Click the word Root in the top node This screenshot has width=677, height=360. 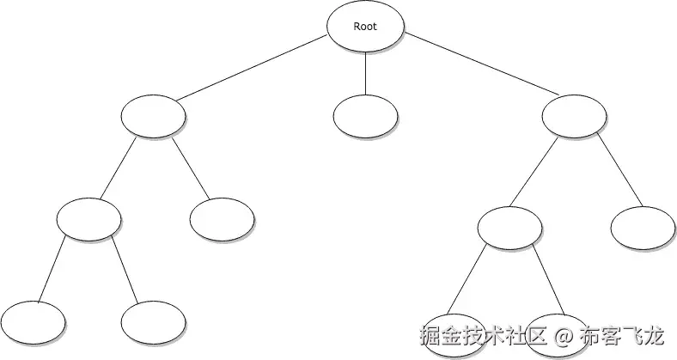click(365, 26)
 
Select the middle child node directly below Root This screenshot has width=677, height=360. click(365, 117)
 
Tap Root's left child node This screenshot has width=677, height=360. click(154, 117)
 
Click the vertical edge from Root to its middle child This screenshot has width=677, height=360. click(365, 71)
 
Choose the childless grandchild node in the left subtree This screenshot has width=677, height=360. click(222, 219)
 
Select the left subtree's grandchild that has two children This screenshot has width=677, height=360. click(89, 219)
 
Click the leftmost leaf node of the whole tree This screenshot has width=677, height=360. click(34, 323)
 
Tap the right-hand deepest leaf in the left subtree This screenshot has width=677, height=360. click(154, 323)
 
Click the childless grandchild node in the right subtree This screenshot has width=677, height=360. click(643, 228)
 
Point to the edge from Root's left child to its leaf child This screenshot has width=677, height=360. click(191, 168)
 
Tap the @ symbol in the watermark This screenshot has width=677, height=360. click(563, 334)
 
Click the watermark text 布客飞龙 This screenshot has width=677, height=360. click(623, 334)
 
